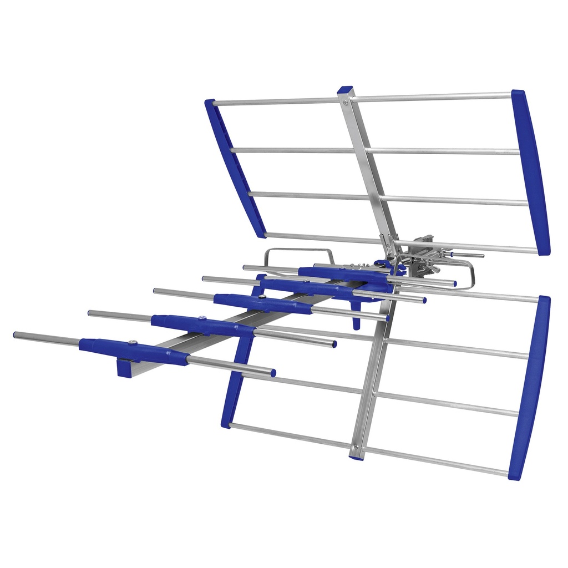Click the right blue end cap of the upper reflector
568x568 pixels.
coord(531,172)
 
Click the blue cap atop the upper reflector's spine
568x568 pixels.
coord(345,89)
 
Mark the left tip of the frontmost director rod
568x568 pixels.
coord(16,335)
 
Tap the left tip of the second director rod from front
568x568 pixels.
coord(90,313)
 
